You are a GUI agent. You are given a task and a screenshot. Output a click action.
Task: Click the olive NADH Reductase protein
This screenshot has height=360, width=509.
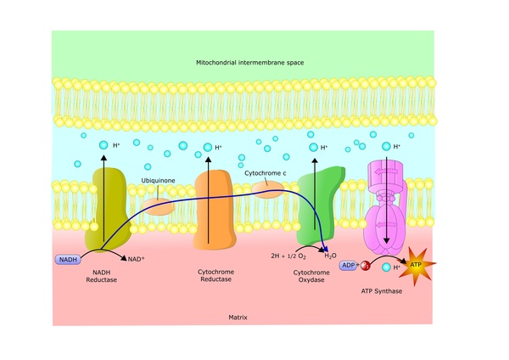point(108,208)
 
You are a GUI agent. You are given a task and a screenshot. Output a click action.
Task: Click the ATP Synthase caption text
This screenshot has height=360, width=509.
point(388,291)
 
